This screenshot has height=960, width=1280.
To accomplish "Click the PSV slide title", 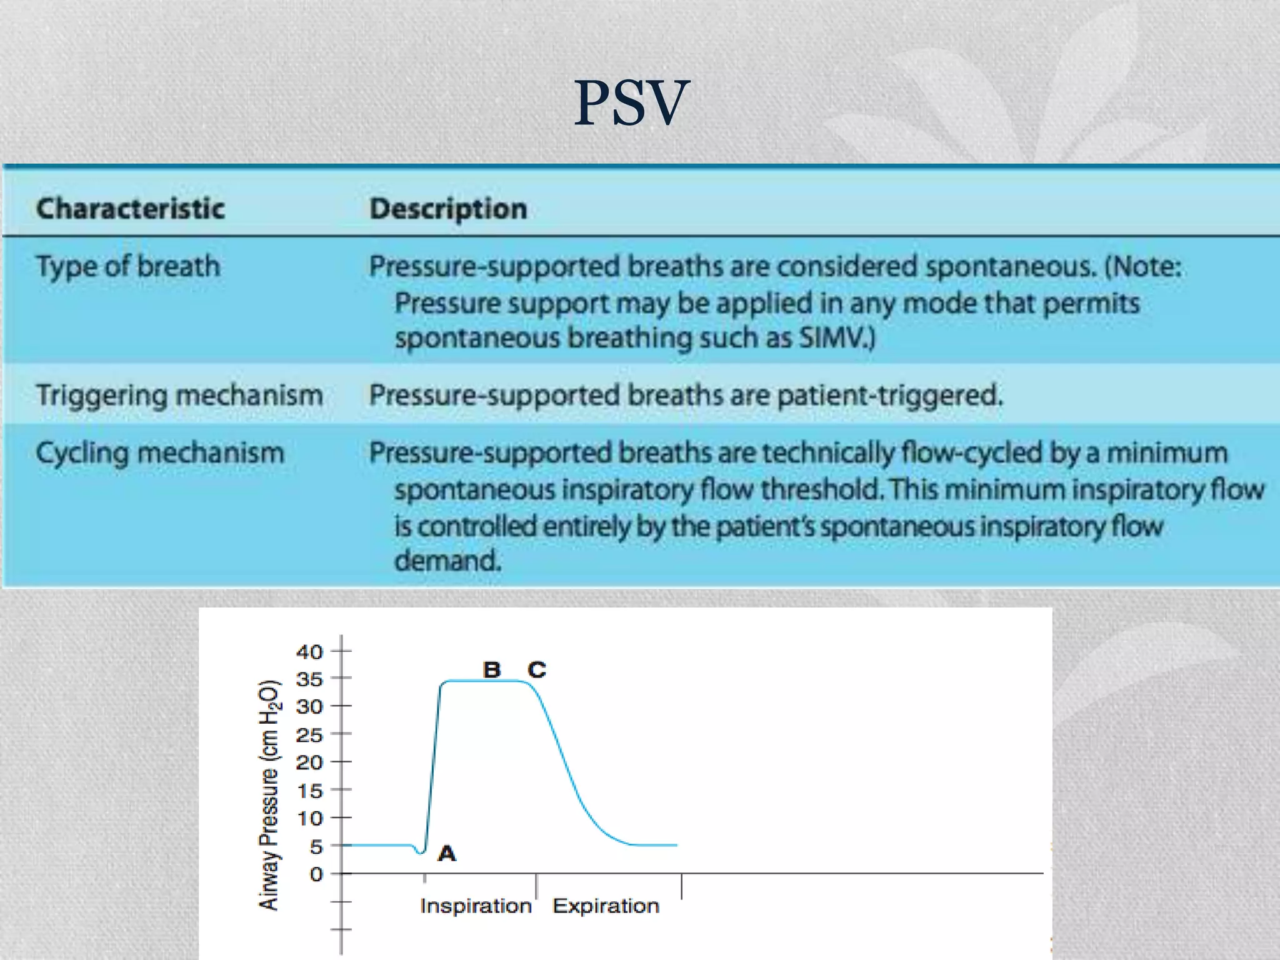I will (x=631, y=103).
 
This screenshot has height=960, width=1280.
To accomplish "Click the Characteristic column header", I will (x=130, y=208).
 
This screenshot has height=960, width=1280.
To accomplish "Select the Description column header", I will (x=448, y=208).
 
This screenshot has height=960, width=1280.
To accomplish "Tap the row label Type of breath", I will (x=128, y=267).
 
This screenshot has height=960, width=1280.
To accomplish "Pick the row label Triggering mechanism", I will (x=179, y=396).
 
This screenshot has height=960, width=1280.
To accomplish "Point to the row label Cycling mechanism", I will (x=160, y=453).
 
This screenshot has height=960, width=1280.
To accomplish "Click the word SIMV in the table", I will (x=831, y=338).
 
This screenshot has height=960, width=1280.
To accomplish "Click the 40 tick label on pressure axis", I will (x=309, y=652).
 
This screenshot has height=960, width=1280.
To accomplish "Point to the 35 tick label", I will (x=309, y=679).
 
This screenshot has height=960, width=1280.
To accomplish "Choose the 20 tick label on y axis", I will (x=309, y=762).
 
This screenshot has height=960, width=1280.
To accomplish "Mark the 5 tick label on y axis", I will (x=316, y=847).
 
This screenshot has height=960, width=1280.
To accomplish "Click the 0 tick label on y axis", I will (x=316, y=874).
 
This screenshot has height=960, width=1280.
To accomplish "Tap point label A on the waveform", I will (x=447, y=853).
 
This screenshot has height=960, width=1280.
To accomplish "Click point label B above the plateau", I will (x=492, y=670).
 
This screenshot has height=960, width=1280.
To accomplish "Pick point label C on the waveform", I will (x=537, y=670).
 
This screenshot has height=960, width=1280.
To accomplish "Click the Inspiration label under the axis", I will (x=475, y=906).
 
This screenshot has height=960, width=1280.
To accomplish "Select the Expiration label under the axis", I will (x=606, y=906).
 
